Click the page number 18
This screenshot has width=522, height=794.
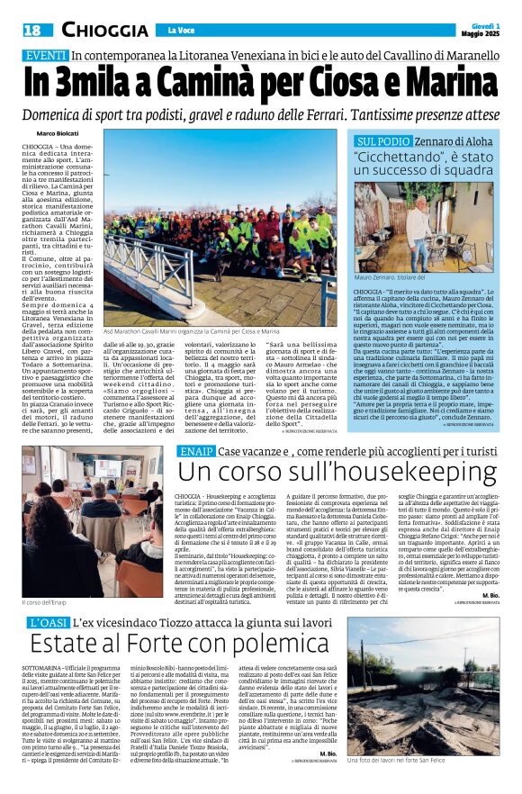pyautogui.click(x=33, y=31)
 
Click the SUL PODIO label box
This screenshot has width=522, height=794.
pyautogui.click(x=383, y=142)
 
